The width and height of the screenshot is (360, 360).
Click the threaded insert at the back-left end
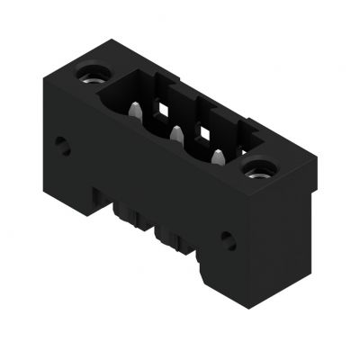tap(90, 73)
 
